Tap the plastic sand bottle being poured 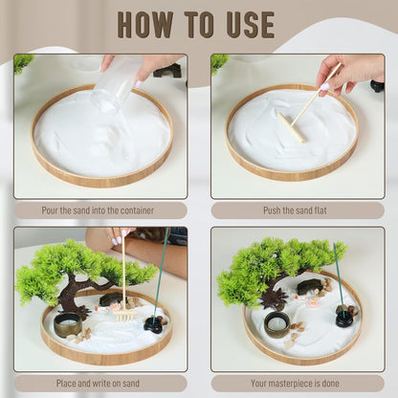pos(115,85)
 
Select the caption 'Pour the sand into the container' pos(100,210)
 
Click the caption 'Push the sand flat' pos(297,210)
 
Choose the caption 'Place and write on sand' pos(100,383)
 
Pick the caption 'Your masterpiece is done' pos(297,383)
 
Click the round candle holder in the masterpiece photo pos(276,326)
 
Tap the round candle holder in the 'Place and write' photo pos(67,325)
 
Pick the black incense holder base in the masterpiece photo pos(343,318)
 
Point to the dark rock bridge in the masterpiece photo pos(309,286)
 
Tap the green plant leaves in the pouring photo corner pos(22,63)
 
